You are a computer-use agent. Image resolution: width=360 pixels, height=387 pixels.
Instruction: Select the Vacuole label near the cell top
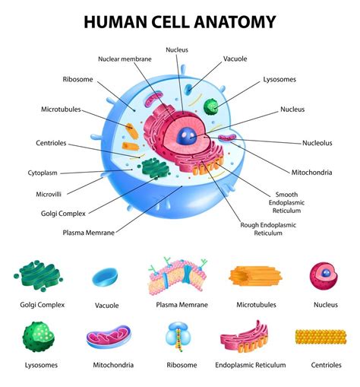pyautogui.click(x=235, y=59)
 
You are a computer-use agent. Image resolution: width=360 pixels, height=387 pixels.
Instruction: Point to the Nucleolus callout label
pyautogui.click(x=317, y=142)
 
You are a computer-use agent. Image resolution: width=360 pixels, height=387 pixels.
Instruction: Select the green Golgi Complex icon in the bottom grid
pyautogui.click(x=42, y=275)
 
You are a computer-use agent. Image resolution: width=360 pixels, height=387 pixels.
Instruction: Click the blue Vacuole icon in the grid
pyautogui.click(x=106, y=277)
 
